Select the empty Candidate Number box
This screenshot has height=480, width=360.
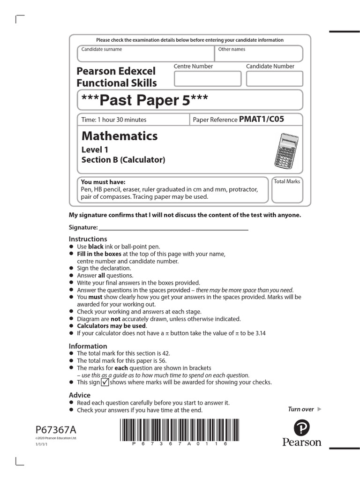(274, 79)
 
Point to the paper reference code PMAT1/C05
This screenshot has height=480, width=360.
(262, 120)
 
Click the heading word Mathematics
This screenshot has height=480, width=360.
(120, 136)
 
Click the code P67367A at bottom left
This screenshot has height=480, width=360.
(55, 430)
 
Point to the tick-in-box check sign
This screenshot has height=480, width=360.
(105, 382)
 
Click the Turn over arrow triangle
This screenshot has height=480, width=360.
(320, 409)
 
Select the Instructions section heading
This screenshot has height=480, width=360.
(88, 239)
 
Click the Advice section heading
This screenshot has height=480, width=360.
(80, 395)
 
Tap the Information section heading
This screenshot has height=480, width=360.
(88, 346)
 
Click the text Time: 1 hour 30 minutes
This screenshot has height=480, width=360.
(114, 120)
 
